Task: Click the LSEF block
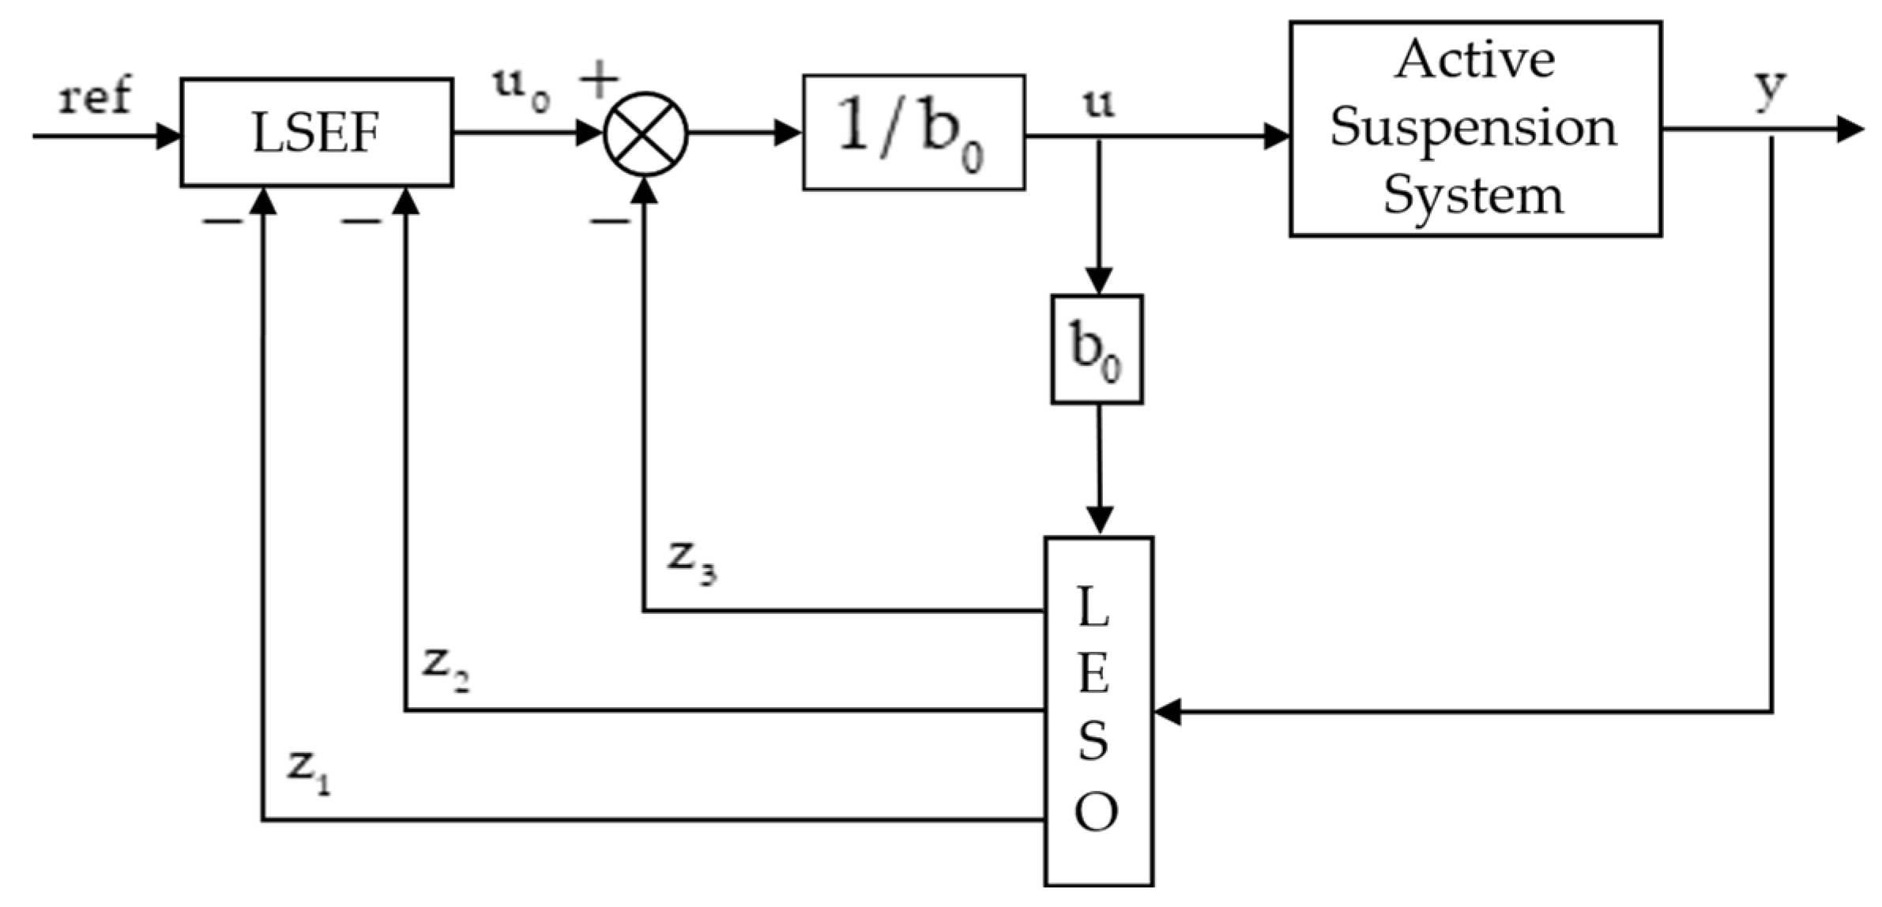pos(316,133)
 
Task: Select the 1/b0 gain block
pos(913,133)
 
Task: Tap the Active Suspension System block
pos(1474,129)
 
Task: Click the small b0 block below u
pos(1097,350)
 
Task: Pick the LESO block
pos(1098,711)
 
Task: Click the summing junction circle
pos(646,134)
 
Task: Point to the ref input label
pos(95,97)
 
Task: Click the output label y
pos(1770,88)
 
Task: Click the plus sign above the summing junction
pos(599,80)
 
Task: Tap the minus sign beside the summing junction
pos(610,221)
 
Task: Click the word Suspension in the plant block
pos(1474,128)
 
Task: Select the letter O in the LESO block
pos(1096,812)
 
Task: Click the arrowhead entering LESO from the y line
pos(1168,711)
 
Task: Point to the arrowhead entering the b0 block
pos(1099,280)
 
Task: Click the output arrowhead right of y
pos(1850,129)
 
